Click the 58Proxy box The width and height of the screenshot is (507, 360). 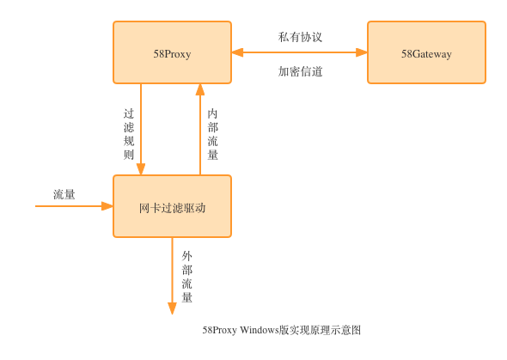[173, 52]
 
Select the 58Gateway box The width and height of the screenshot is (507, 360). [426, 52]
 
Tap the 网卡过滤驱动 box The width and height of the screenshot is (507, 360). [173, 206]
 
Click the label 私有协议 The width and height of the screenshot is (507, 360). [300, 37]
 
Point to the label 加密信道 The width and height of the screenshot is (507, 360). [300, 71]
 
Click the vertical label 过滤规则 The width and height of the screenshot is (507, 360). [129, 134]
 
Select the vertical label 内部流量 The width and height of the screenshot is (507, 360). [212, 134]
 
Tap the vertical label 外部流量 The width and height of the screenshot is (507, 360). [186, 277]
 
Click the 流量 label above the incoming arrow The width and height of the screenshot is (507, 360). [64, 194]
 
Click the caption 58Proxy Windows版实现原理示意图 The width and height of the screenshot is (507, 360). [281, 330]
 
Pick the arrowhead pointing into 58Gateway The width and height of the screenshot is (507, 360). [362, 52]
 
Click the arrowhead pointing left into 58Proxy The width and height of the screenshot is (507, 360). [237, 52]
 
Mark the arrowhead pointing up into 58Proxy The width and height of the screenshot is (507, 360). [200, 89]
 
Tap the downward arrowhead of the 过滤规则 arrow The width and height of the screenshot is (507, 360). [141, 169]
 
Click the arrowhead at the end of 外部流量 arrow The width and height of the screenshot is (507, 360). [173, 308]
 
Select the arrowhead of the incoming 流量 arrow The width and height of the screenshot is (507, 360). [107, 206]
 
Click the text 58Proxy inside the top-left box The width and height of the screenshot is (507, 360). [172, 54]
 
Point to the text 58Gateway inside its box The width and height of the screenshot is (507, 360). [426, 54]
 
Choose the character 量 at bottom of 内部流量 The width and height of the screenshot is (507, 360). [212, 155]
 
